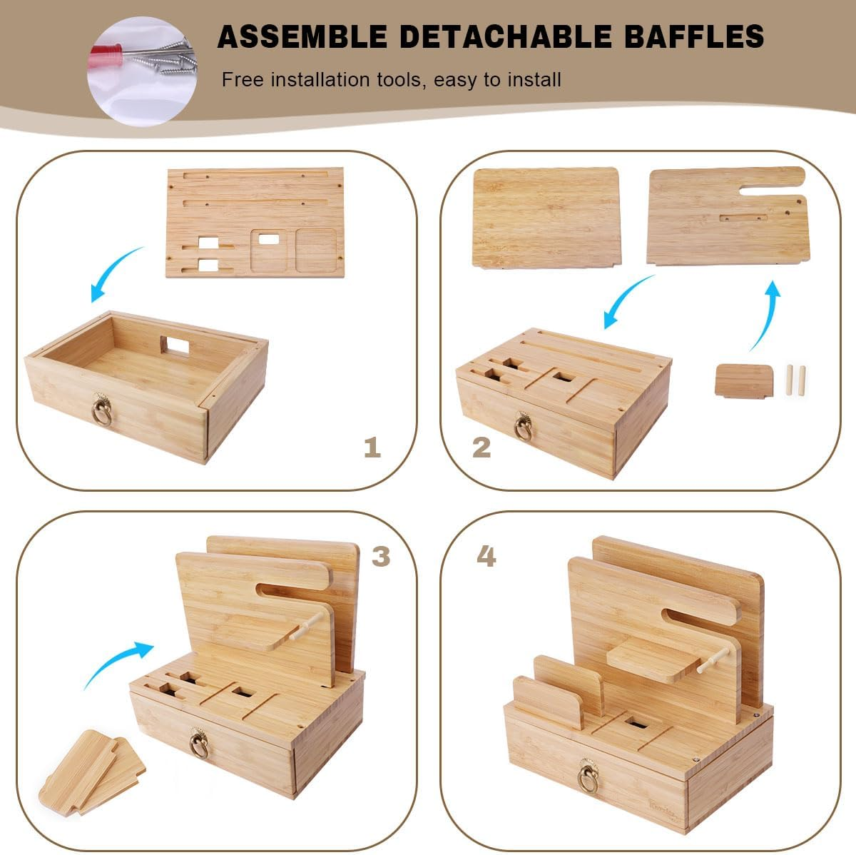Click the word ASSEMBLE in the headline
(x=302, y=36)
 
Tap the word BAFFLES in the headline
(x=694, y=36)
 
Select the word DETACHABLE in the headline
(x=506, y=36)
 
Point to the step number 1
(x=372, y=447)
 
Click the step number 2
(x=481, y=447)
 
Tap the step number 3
(x=381, y=556)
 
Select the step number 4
(x=486, y=556)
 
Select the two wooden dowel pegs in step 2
(x=795, y=380)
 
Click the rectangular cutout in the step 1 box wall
(x=175, y=345)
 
